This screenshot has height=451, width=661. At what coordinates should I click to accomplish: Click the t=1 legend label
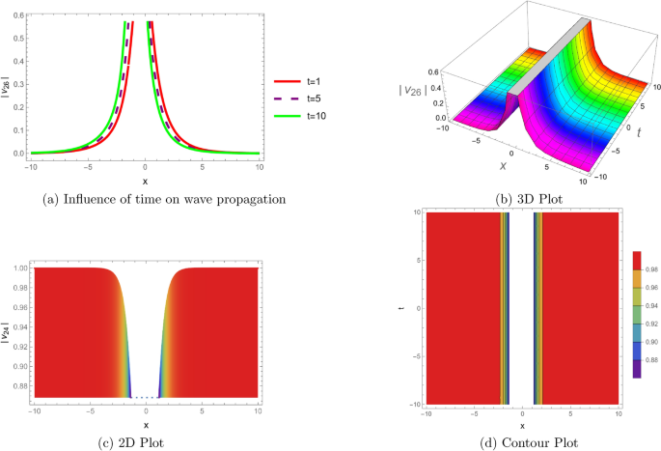[x=315, y=83]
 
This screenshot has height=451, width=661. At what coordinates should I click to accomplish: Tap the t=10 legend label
[x=317, y=117]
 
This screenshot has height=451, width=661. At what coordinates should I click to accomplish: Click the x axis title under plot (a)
[x=145, y=179]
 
